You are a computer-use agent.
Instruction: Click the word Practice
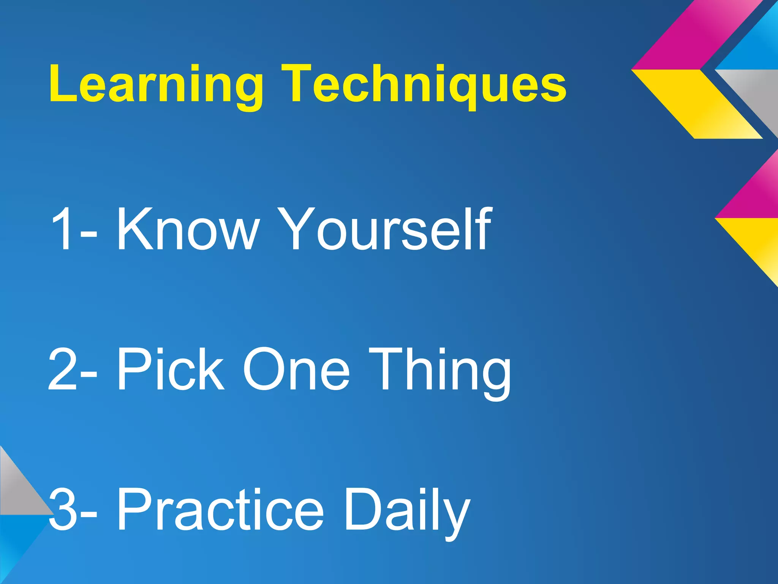tap(220, 509)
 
